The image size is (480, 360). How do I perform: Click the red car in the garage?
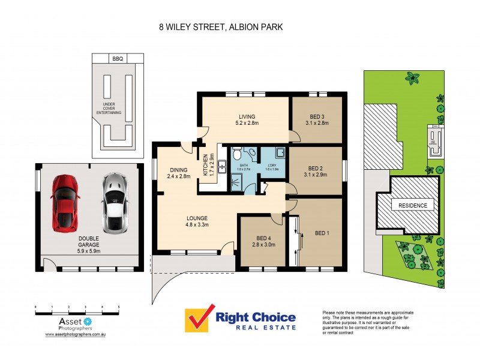click(x=65, y=203)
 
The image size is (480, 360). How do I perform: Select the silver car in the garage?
click(x=114, y=203)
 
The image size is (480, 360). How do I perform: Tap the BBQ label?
click(x=117, y=59)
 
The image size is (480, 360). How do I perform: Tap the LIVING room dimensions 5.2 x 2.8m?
click(x=247, y=124)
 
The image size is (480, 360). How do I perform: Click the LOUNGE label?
click(x=197, y=218)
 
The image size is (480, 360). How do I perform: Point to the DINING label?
click(x=178, y=169)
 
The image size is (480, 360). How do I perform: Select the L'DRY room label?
click(x=274, y=165)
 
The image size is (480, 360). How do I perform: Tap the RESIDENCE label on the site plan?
click(x=413, y=206)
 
